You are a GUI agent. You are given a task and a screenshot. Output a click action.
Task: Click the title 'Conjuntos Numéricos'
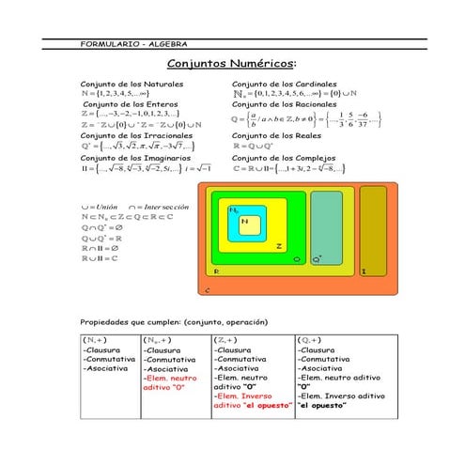[231, 64]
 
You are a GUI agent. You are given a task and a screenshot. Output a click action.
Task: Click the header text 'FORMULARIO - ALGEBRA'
[134, 44]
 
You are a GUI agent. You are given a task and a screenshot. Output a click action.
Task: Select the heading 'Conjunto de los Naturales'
[132, 84]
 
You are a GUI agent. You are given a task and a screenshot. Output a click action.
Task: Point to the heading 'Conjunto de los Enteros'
[131, 103]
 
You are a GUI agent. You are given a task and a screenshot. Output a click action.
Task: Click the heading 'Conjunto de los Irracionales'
[137, 135]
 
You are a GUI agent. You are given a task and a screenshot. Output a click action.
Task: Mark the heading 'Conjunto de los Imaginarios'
[136, 158]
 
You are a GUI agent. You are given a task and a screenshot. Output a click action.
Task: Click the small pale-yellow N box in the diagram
[246, 223]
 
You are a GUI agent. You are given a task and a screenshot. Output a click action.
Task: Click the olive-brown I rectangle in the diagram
[372, 230]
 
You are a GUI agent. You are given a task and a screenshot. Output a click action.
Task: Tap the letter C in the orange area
[206, 290]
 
